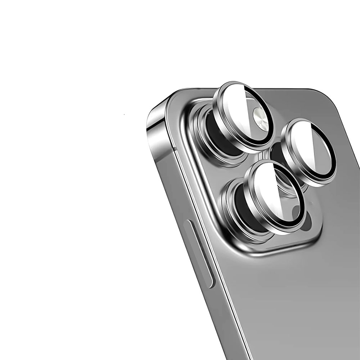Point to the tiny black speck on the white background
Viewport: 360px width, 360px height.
click(x=124, y=114)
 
